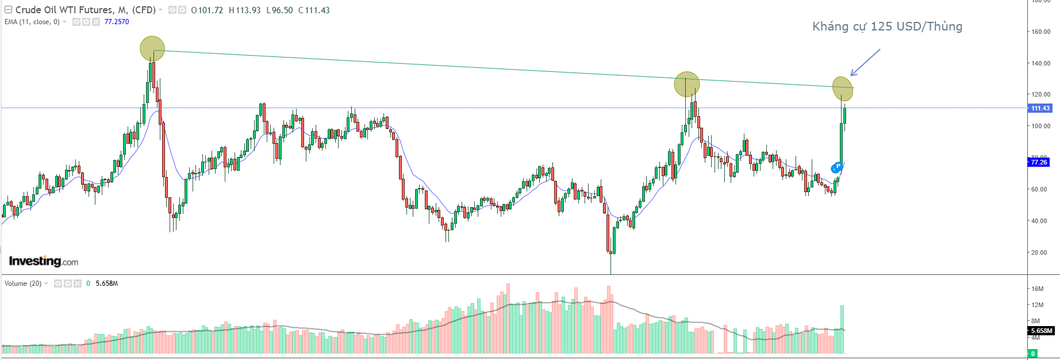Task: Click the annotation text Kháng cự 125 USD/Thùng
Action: pos(887,26)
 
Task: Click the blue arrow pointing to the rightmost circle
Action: pos(865,62)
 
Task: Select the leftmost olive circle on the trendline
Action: pos(152,48)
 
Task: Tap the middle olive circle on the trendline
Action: pos(687,85)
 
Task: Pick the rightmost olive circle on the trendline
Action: pos(842,89)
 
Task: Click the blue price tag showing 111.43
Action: pos(1040,108)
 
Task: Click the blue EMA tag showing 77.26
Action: pos(1039,162)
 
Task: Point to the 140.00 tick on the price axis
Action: pos(1040,63)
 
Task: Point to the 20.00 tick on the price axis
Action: pos(1039,252)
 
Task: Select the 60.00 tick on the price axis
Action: pos(1039,189)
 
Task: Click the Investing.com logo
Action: pos(44,262)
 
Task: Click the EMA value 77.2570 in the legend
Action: pos(117,22)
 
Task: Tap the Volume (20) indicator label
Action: pos(23,284)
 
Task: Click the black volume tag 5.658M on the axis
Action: pos(1041,331)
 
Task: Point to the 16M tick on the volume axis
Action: pos(1038,289)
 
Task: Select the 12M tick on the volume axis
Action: pos(1038,305)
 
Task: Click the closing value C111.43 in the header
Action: pos(314,10)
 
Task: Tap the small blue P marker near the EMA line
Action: pos(838,166)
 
